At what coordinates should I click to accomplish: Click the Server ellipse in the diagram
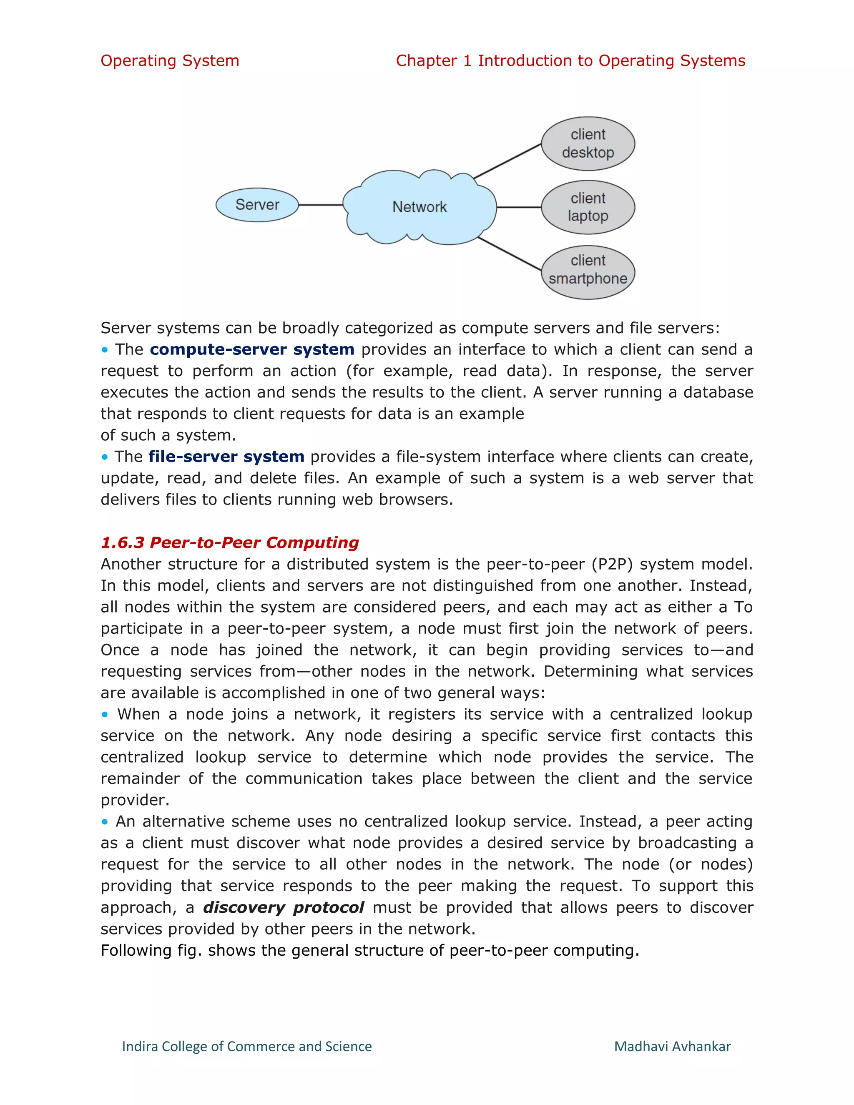(257, 205)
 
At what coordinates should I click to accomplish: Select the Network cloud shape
(419, 207)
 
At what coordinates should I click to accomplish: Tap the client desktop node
(588, 144)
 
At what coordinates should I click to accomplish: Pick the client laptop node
(588, 207)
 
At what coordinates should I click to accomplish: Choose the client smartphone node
(588, 272)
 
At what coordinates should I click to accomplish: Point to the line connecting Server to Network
(321, 205)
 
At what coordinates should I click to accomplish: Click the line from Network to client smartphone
(509, 254)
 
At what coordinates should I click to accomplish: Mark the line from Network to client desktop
(507, 161)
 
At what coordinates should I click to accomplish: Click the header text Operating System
(169, 61)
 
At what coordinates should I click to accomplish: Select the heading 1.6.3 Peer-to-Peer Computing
(230, 542)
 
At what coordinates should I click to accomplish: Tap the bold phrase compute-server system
(252, 349)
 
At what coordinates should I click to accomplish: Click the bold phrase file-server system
(226, 457)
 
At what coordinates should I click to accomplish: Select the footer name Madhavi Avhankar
(672, 1046)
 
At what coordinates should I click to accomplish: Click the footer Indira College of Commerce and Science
(247, 1046)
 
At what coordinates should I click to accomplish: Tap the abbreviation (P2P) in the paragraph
(617, 564)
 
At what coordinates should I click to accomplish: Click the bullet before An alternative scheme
(105, 822)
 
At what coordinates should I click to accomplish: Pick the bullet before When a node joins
(105, 714)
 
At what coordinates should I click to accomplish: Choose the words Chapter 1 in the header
(434, 61)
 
